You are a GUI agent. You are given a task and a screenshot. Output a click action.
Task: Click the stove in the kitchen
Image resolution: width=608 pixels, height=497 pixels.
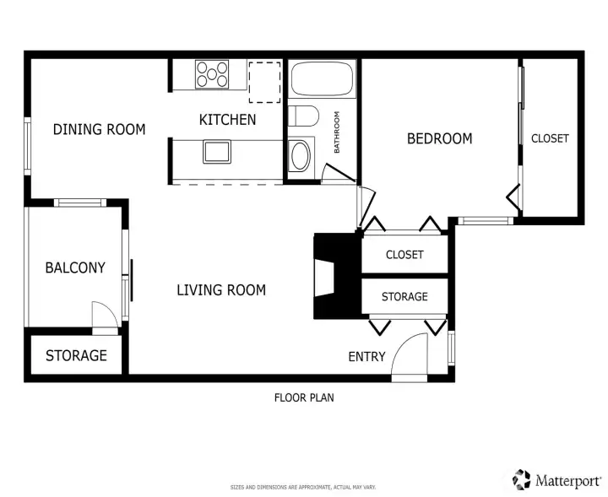point(212,74)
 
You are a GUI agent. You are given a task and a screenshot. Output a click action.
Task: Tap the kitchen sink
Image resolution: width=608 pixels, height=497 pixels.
point(217,152)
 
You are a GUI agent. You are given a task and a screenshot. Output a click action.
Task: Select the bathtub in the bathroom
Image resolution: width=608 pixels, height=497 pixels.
point(323,78)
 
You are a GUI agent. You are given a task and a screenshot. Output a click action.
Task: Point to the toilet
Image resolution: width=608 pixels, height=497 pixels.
point(304,116)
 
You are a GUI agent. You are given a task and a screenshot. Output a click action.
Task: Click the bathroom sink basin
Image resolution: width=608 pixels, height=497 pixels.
point(300,156)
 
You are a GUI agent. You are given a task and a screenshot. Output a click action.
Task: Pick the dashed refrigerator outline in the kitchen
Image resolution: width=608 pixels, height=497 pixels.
point(265,82)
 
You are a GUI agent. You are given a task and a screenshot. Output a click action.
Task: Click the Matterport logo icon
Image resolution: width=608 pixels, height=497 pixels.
point(521,479)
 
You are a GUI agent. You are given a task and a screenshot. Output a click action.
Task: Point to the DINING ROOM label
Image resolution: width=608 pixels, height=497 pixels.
point(100,129)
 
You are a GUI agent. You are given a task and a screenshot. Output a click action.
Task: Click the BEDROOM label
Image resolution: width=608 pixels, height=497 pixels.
point(440,138)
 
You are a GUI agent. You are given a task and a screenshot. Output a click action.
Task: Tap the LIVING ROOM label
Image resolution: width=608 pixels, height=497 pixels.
point(221,290)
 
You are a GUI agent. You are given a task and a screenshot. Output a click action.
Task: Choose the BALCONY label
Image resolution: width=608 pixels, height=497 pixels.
point(75,267)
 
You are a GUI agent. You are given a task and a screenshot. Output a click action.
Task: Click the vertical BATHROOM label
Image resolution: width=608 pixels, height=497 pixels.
point(337,132)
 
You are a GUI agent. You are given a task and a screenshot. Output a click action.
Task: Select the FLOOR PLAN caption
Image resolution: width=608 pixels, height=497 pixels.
point(304,397)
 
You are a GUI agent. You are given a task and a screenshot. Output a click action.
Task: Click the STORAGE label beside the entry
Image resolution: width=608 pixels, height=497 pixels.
point(404,297)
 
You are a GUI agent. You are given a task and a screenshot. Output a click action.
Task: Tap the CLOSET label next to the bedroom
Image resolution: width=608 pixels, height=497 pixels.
point(550,138)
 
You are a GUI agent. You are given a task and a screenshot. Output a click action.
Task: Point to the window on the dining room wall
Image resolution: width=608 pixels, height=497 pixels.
point(28,147)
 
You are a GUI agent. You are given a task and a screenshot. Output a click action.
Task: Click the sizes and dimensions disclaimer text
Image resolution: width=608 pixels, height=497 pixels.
point(303,488)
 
